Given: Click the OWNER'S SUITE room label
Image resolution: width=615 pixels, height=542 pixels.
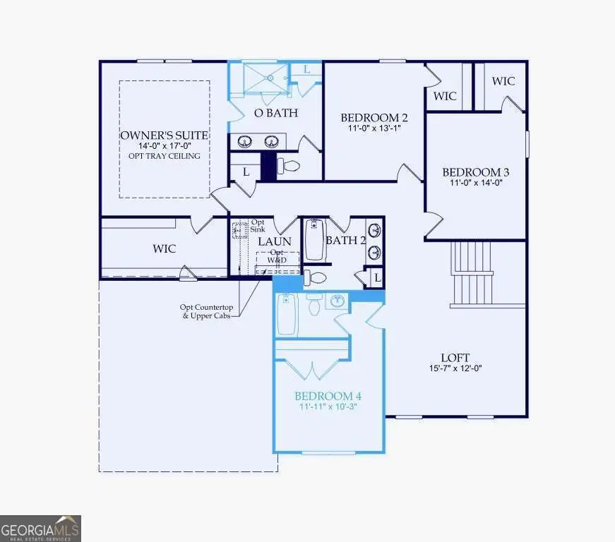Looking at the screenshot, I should pos(164,135).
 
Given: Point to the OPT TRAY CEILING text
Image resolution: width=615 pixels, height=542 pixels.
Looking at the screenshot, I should pos(164,156).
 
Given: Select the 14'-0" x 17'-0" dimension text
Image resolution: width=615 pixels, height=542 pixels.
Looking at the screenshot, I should pos(164,145).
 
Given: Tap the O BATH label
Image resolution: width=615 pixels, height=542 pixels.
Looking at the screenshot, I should pos(275,113).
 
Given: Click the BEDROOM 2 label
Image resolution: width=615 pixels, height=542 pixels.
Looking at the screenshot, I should pos(374,117).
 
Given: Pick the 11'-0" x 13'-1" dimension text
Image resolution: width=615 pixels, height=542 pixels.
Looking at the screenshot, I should pos(374,128).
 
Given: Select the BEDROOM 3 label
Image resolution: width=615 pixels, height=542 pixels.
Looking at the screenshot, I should pos(475,172).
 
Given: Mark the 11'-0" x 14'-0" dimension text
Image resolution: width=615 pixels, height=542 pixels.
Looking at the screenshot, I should pos(475,183).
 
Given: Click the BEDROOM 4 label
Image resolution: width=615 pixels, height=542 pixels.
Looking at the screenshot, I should pos(328,395).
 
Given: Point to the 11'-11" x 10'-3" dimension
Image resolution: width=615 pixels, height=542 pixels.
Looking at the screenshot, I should pos(328,407).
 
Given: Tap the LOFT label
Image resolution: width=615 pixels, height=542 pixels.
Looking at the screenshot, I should pos(455,358).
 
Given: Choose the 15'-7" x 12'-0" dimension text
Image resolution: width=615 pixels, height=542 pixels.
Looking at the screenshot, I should pos(455,368).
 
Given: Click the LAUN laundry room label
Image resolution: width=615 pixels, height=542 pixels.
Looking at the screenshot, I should pos(275,241).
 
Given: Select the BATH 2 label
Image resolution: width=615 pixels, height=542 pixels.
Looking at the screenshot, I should pos(345,241).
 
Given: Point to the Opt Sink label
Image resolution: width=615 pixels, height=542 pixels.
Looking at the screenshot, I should pos(258,226).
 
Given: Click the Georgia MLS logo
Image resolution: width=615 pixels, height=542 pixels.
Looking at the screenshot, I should pos(41,528).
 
